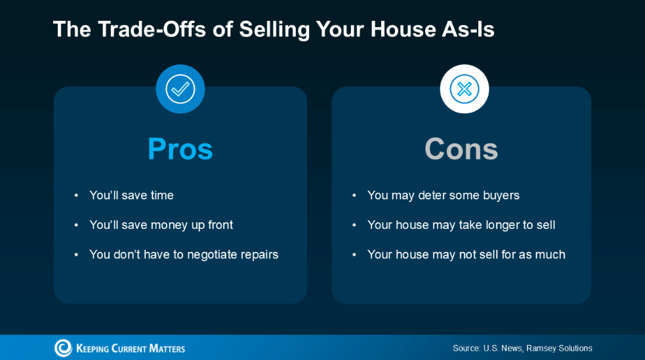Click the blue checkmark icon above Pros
click(x=180, y=89)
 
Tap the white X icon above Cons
click(x=465, y=89)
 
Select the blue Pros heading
click(x=180, y=149)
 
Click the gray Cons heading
click(x=461, y=149)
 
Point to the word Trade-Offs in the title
click(x=152, y=29)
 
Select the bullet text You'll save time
click(x=132, y=195)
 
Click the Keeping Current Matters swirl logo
click(x=64, y=348)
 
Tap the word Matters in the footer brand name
click(x=167, y=349)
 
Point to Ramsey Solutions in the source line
click(x=560, y=348)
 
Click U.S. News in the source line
click(x=502, y=348)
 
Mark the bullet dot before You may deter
click(x=354, y=195)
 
